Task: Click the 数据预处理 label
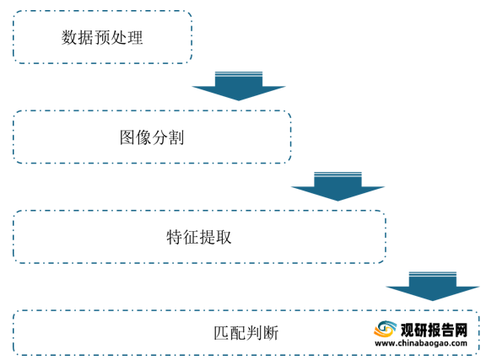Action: pyautogui.click(x=102, y=37)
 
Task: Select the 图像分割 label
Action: pyautogui.click(x=152, y=137)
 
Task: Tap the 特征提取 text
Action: pyautogui.click(x=199, y=237)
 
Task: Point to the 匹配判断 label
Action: pyautogui.click(x=246, y=333)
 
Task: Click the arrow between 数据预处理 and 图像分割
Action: pyautogui.click(x=239, y=86)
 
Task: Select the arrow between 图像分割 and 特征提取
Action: pyautogui.click(x=338, y=186)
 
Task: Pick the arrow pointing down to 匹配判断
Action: pyautogui.click(x=433, y=286)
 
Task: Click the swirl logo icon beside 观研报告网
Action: pyautogui.click(x=386, y=330)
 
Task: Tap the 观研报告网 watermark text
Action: pyautogui.click(x=434, y=330)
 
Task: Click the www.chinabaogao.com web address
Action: pyautogui.click(x=421, y=343)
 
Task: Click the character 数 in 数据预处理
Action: pyautogui.click(x=69, y=37)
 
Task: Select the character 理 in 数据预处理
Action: pyautogui.click(x=135, y=37)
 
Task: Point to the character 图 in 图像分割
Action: pyautogui.click(x=127, y=137)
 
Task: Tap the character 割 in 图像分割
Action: pyautogui.click(x=176, y=137)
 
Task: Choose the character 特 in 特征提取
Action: pyautogui.click(x=175, y=237)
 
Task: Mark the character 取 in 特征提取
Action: pyautogui.click(x=224, y=237)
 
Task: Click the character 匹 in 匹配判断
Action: pyautogui.click(x=222, y=333)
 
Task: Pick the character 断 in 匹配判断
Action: pyautogui.click(x=271, y=333)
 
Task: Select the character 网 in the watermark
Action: pyautogui.click(x=462, y=330)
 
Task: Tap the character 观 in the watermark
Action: pyautogui.click(x=407, y=330)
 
